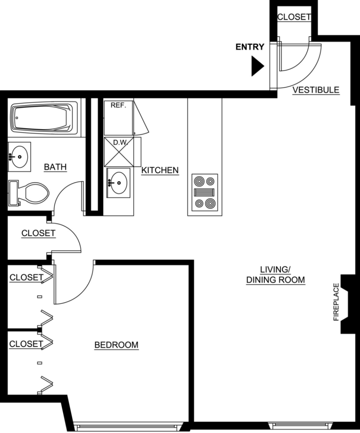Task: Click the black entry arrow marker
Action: pyautogui.click(x=257, y=67)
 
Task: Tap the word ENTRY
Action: pyautogui.click(x=250, y=47)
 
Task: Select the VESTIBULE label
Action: pyautogui.click(x=315, y=90)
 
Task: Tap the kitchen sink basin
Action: pyautogui.click(x=118, y=182)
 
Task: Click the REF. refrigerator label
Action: pyautogui.click(x=118, y=105)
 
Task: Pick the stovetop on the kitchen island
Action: pyautogui.click(x=205, y=192)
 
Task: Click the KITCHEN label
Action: pyautogui.click(x=160, y=170)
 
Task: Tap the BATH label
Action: pyautogui.click(x=55, y=167)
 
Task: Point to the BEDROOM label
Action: pyautogui.click(x=116, y=345)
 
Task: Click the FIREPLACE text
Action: pyautogui.click(x=336, y=302)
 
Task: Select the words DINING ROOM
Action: pyautogui.click(x=276, y=280)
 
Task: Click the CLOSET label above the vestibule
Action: pyautogui.click(x=294, y=17)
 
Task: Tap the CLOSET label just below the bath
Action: pyautogui.click(x=39, y=233)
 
